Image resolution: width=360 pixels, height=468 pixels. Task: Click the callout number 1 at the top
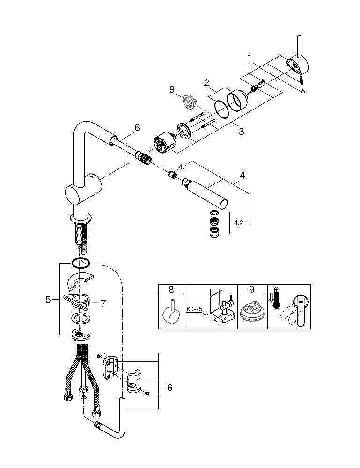(250, 58)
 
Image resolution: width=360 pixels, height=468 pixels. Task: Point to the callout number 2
(206, 83)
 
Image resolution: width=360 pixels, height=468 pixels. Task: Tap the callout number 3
(241, 132)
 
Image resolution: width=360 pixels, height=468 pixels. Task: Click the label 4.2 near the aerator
(238, 223)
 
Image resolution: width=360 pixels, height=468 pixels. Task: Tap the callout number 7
(103, 303)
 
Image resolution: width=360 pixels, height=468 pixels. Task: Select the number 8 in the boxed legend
(171, 289)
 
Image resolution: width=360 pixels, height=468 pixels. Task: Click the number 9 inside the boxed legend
(251, 289)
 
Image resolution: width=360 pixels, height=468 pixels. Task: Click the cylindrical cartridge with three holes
(164, 142)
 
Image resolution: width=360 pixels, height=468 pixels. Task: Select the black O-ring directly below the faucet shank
(80, 262)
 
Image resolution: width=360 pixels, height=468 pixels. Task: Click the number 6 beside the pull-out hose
(137, 127)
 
